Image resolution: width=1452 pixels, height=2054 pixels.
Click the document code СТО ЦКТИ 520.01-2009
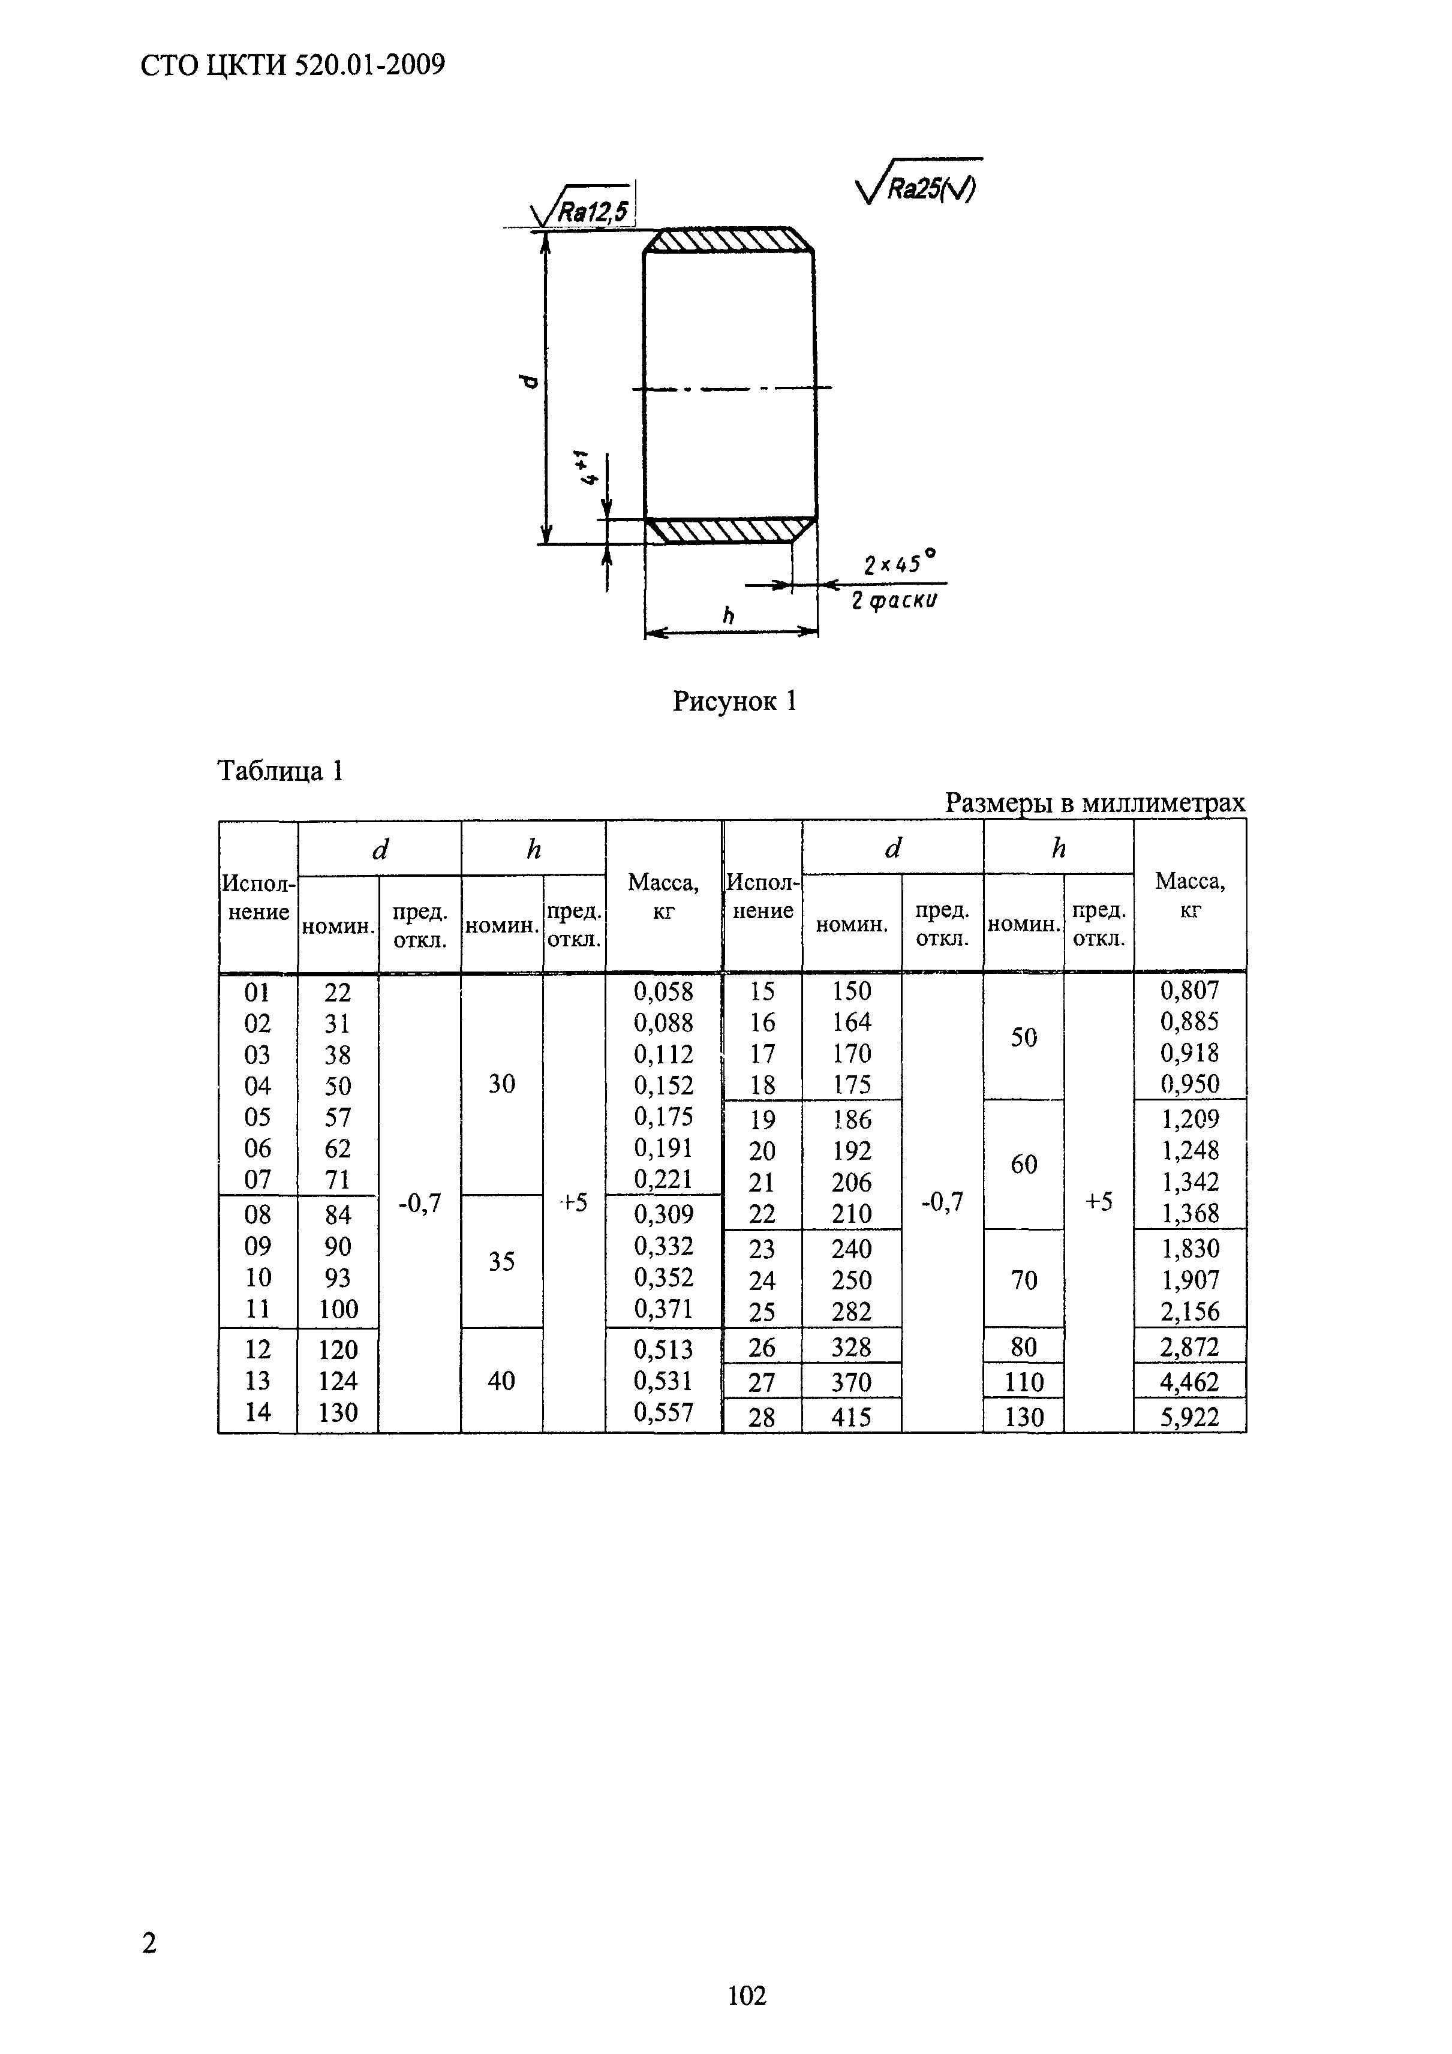(293, 65)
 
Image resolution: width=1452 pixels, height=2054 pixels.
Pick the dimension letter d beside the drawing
(529, 382)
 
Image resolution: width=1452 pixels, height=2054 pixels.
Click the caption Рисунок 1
(733, 702)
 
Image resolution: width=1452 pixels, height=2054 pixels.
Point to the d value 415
(851, 1417)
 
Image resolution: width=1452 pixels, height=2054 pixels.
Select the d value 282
(851, 1312)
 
